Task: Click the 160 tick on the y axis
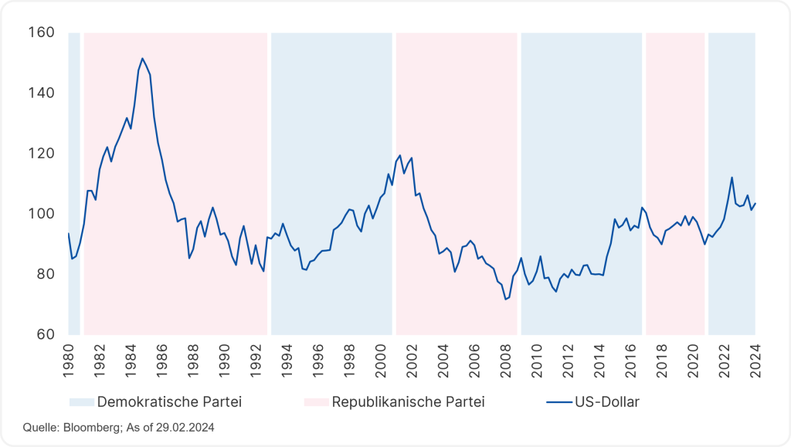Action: [x=42, y=32]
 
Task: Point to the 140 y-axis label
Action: [x=42, y=93]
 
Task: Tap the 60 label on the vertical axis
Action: [x=45, y=334]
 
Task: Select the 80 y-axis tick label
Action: [x=45, y=274]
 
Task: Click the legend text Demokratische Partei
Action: [x=160, y=402]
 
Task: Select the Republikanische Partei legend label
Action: [x=409, y=402]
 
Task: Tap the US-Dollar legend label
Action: [x=607, y=402]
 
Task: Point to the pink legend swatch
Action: [x=317, y=402]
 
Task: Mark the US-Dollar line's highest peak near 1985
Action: [x=142, y=58]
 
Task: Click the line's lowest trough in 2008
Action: [x=505, y=299]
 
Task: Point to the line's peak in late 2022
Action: [x=731, y=178]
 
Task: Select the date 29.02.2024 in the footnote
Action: [x=184, y=427]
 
